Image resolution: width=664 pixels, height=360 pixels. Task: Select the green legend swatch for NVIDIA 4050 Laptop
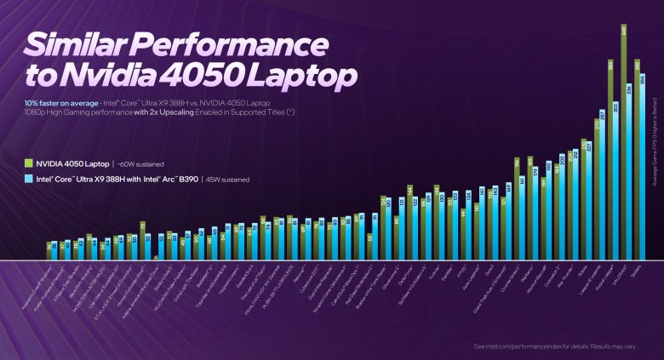click(x=29, y=163)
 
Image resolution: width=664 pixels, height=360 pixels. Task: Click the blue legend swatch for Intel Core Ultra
click(x=29, y=180)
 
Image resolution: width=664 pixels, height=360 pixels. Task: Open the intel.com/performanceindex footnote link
click(x=514, y=346)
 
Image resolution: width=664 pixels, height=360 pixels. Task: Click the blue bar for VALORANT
click(x=629, y=170)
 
